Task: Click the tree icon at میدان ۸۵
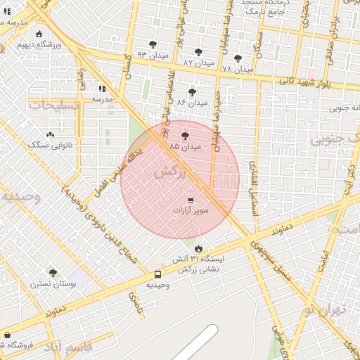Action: (x=185, y=136)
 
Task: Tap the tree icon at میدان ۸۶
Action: (x=192, y=92)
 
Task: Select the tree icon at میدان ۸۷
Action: (x=198, y=51)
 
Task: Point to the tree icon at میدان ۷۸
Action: (x=238, y=58)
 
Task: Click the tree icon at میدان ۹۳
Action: (x=153, y=44)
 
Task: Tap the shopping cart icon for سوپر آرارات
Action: (x=191, y=200)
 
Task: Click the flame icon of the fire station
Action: (x=198, y=248)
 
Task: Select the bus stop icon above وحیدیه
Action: (x=157, y=274)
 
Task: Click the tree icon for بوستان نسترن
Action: (x=53, y=273)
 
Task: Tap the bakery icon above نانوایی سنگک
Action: (x=50, y=134)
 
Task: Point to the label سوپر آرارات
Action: (x=190, y=210)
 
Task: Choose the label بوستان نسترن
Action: (x=53, y=284)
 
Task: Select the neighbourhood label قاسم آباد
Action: (x=69, y=347)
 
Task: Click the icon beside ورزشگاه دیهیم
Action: (x=38, y=34)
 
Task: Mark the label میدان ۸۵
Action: (x=185, y=146)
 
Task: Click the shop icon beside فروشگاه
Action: (x=7, y=335)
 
